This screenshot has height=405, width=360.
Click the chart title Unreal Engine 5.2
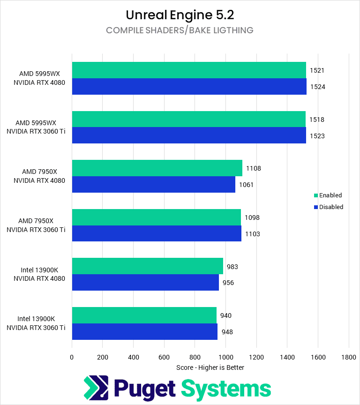[180, 15]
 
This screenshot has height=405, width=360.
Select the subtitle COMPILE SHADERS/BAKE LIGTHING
[180, 30]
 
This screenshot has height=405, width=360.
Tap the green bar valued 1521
[189, 70]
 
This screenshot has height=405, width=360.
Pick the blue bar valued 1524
[189, 87]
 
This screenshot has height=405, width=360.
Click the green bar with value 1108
[157, 168]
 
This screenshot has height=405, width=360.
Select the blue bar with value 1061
[153, 185]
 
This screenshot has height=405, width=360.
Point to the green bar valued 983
[147, 266]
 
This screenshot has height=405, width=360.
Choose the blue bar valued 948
[144, 331]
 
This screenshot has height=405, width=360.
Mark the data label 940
[225, 315]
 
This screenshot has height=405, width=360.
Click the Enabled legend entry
[328, 195]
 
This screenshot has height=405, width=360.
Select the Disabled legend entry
[328, 207]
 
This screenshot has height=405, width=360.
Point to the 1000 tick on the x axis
[225, 357]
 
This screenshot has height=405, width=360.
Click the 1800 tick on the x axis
[349, 357]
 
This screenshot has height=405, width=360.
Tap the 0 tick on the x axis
[72, 357]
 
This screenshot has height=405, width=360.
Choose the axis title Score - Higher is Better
[210, 367]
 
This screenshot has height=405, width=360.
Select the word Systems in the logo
[226, 389]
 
